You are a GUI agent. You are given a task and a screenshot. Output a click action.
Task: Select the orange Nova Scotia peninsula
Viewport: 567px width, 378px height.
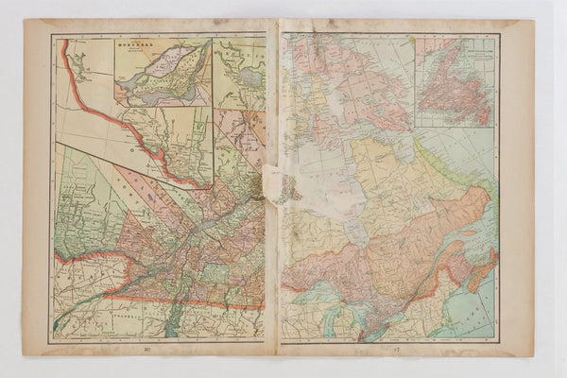click(477, 274)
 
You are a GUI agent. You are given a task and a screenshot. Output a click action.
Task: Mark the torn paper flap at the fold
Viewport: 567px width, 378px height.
click(280, 184)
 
